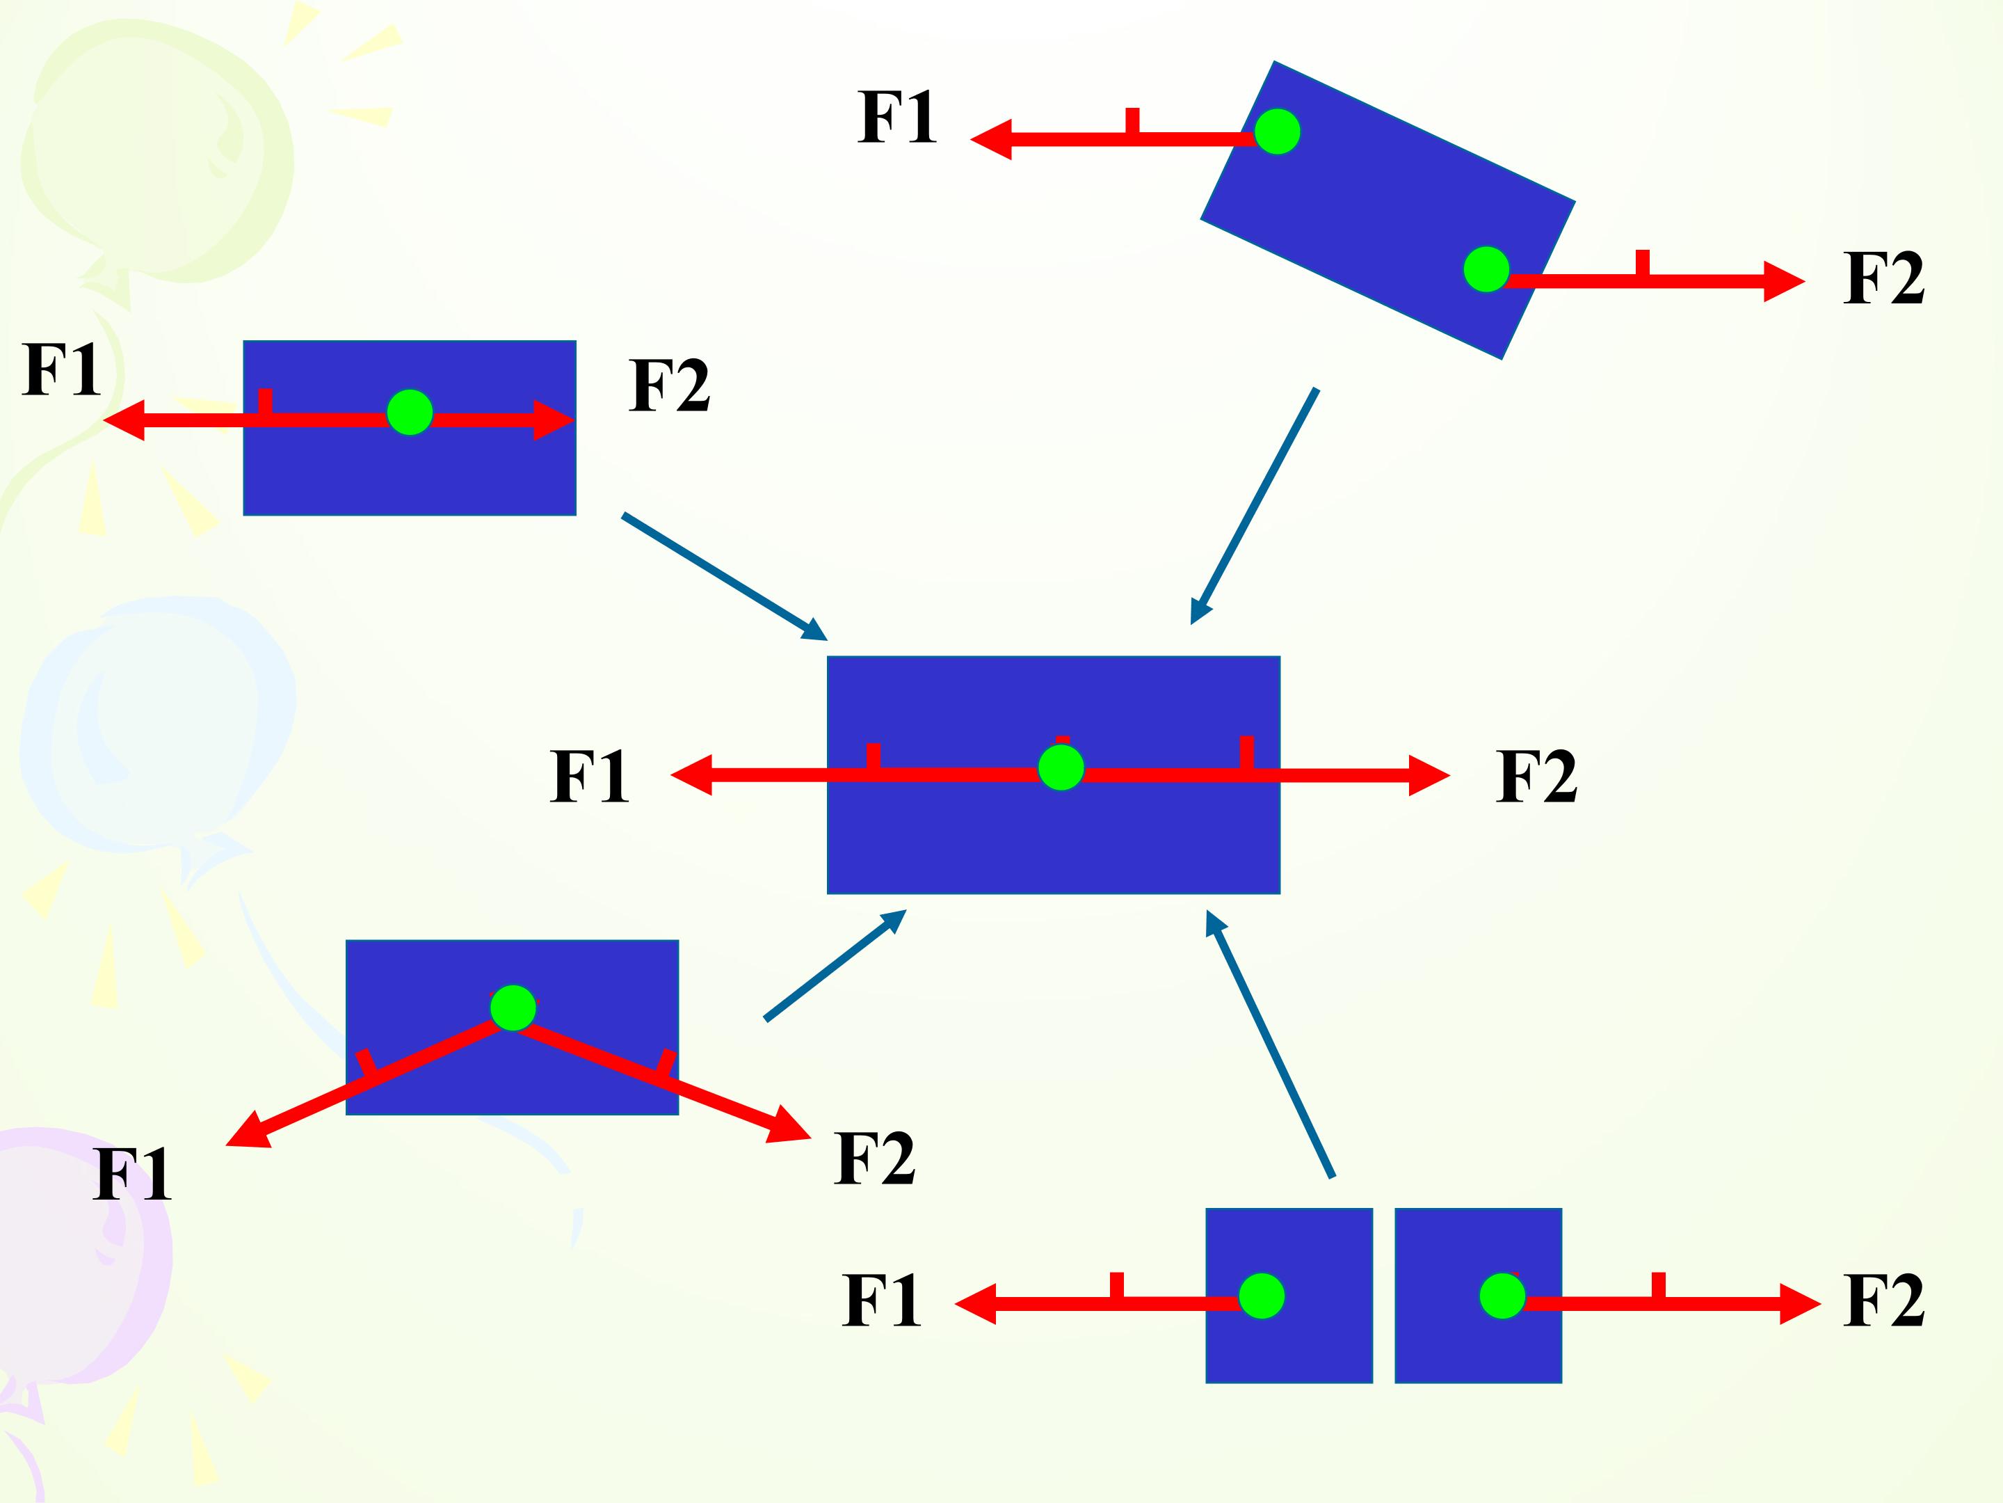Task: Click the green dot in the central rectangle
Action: (1061, 768)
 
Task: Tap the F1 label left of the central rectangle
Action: (590, 777)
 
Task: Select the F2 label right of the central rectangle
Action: (1536, 777)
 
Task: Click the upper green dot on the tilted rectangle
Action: (1277, 132)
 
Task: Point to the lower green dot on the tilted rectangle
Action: (1486, 269)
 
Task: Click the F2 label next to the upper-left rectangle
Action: (669, 386)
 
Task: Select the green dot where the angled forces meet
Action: (513, 1008)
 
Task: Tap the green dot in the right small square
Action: (1502, 1296)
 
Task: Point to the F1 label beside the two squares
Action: (882, 1301)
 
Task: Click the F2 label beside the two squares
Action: (1883, 1301)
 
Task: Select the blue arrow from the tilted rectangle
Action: (1254, 507)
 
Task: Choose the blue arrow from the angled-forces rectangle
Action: (835, 966)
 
